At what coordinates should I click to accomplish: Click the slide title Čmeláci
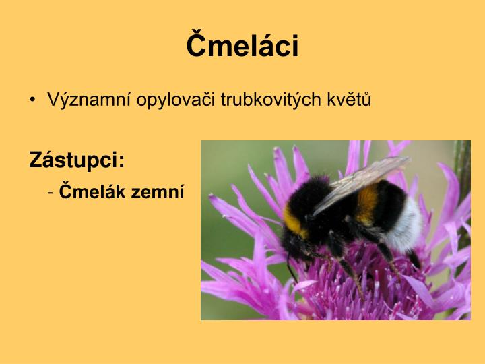(243, 46)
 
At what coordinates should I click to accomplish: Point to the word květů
(350, 100)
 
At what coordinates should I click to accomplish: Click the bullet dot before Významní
(33, 101)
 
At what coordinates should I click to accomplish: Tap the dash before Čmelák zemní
(51, 192)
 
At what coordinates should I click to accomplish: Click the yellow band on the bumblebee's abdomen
(367, 202)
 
